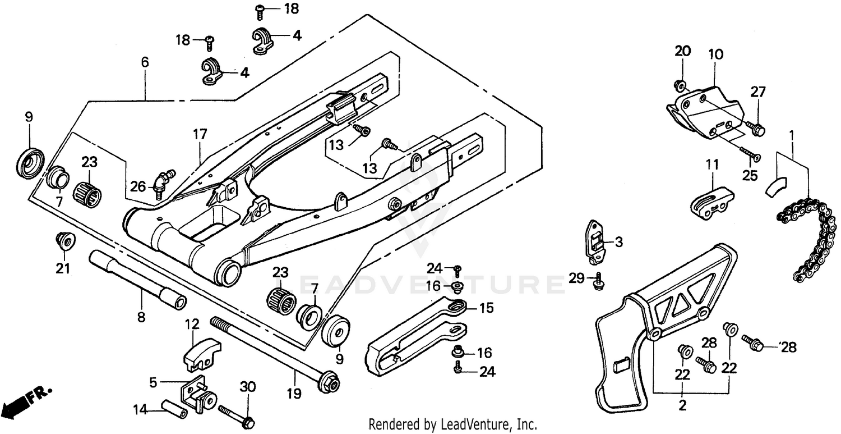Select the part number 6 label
point(145,62)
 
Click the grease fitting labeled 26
point(163,183)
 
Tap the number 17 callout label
point(200,135)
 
